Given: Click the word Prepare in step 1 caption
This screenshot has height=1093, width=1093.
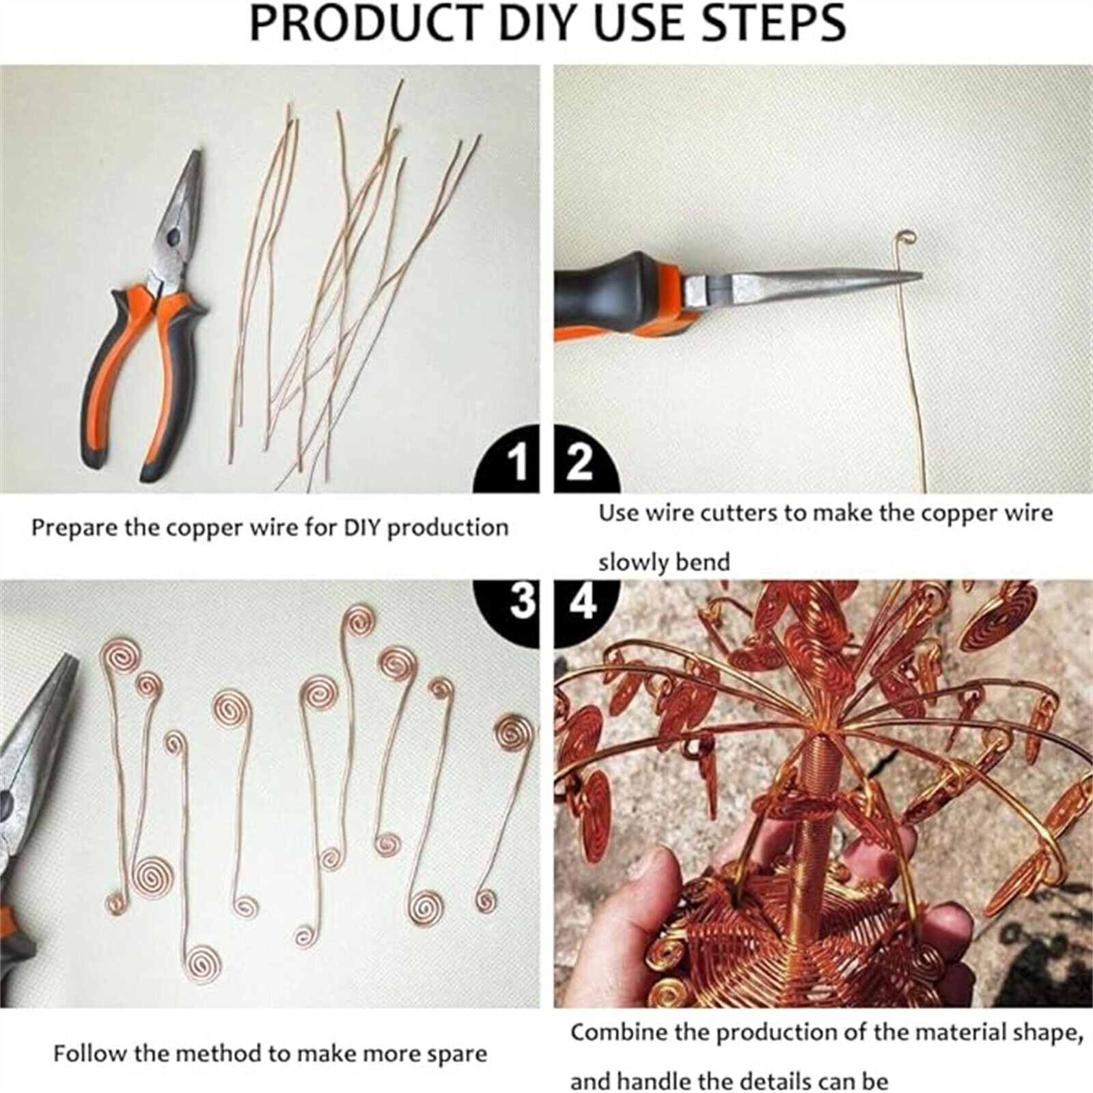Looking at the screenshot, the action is coord(75,528).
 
